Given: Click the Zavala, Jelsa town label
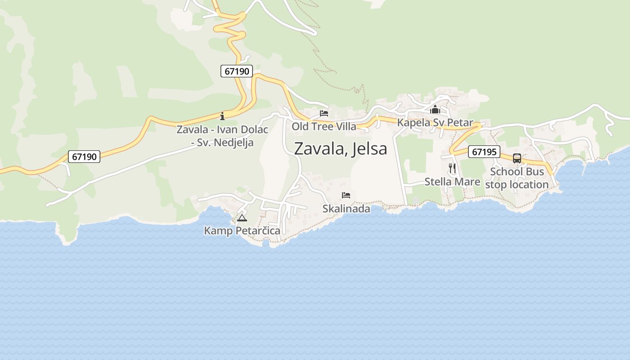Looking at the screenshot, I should coord(340,148).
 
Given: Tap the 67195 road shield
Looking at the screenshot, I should coord(484,152).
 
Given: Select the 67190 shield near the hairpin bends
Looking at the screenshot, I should coord(237,71).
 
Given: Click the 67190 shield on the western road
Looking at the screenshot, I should coord(84,157).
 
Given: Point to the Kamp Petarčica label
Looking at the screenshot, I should coord(242,231).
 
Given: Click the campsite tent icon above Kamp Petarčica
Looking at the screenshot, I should coord(242,218).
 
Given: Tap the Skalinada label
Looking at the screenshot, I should coord(346,209).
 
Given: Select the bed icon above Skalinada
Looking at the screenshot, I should coord(346,195).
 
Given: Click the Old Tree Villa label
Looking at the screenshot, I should coord(324,126).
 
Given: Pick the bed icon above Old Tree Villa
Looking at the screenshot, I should coord(324,113).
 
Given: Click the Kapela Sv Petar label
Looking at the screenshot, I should coord(435,122).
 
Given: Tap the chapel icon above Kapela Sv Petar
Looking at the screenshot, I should coord(435,109).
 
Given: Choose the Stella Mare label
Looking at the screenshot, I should coord(452,182).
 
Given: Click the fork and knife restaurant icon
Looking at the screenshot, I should coord(452,168).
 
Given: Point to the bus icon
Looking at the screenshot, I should coord(517,158).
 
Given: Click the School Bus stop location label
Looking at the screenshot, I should coord(517,178).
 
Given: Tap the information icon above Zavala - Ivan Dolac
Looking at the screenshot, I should coord(222,117).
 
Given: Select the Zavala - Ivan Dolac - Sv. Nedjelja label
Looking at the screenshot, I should coord(222,136).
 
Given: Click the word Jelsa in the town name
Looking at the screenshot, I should coord(369,148).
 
